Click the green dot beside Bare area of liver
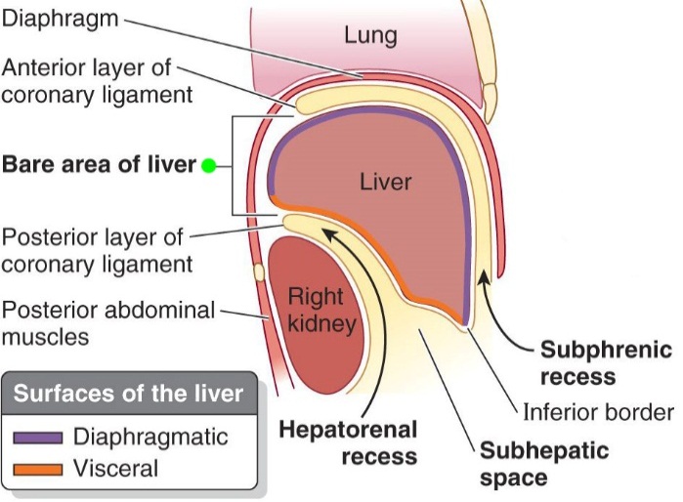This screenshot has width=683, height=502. coord(208,165)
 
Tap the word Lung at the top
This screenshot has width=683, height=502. coord(370,36)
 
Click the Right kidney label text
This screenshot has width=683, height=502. coord(317,308)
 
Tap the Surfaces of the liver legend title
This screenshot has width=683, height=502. coord(127,396)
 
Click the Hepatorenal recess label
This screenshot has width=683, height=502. coord(349,442)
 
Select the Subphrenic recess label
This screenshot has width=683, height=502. coord(606,362)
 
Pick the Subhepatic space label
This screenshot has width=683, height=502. coord(542,465)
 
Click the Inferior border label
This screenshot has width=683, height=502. coord(598,412)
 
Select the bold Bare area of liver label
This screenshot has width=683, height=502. coord(100,164)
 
